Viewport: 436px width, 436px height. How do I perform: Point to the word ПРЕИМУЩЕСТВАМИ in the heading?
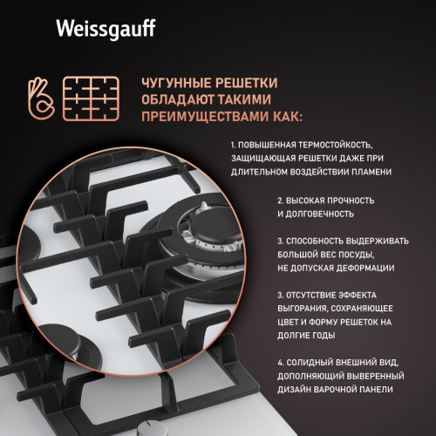pyautogui.click(x=197, y=115)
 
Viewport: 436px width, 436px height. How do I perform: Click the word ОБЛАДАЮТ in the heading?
pyautogui.click(x=173, y=99)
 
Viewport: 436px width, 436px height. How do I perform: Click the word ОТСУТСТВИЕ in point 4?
pyautogui.click(x=313, y=295)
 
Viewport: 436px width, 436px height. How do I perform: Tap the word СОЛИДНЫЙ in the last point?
pyautogui.click(x=310, y=362)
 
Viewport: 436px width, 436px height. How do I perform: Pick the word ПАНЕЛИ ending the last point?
pyautogui.click(x=374, y=390)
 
